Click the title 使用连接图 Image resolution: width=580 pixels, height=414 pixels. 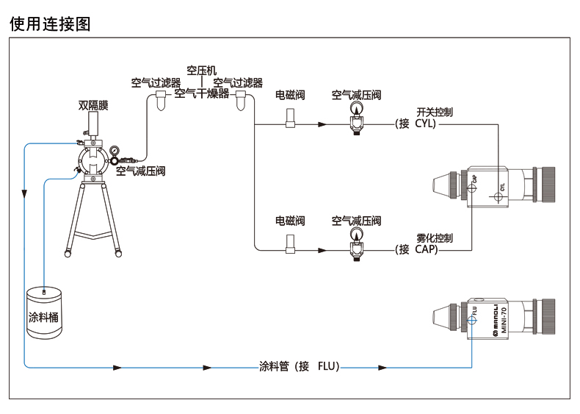tap(50, 24)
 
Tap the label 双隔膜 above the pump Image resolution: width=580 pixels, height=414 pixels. tap(93, 104)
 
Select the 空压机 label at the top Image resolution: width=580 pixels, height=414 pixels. tap(201, 71)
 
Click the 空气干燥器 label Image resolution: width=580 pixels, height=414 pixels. tap(202, 93)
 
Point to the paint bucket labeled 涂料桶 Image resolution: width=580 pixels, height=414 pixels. tap(45, 313)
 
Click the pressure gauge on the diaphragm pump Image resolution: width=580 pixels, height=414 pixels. tap(115, 153)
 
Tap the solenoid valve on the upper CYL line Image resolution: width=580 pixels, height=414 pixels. tap(290, 118)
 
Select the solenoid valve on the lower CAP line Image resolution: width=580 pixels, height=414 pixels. tap(290, 244)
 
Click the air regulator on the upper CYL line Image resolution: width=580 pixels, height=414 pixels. tap(356, 118)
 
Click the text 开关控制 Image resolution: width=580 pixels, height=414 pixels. tap(434, 113)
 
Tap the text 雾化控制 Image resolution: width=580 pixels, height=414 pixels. tap(434, 238)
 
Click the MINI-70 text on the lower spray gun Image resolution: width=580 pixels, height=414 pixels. tap(494, 318)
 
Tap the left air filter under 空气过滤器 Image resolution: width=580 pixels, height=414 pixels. tap(161, 101)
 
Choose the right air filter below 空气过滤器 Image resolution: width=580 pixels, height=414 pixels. tap(240, 101)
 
